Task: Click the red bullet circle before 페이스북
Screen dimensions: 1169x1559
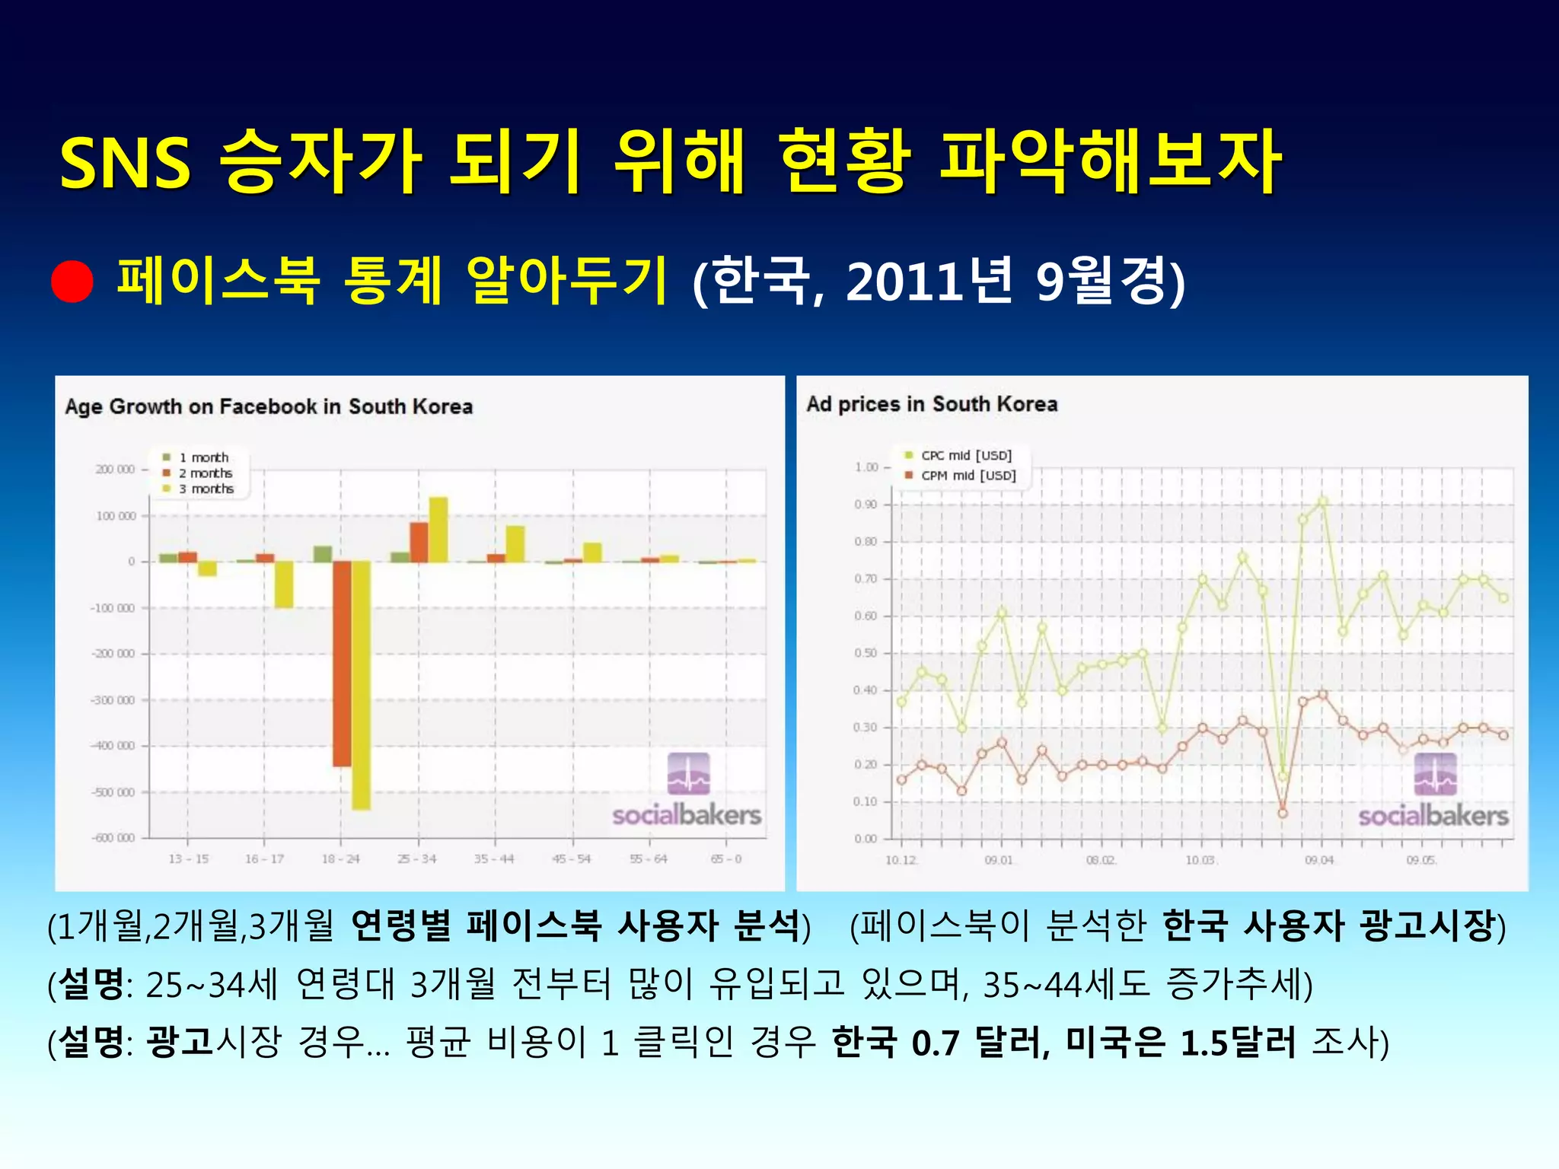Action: pyautogui.click(x=72, y=282)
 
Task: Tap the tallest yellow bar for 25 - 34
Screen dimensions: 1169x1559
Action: pyautogui.click(x=438, y=530)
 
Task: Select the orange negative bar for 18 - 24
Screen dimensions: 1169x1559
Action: pyautogui.click(x=342, y=663)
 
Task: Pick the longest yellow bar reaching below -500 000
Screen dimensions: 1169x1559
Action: pyautogui.click(x=361, y=685)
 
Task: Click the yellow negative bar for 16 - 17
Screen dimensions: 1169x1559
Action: pyautogui.click(x=284, y=584)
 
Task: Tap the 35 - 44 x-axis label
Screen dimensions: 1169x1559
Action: pyautogui.click(x=494, y=859)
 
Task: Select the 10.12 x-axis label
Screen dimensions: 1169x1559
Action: pyautogui.click(x=901, y=861)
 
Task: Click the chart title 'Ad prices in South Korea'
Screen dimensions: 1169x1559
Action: pyautogui.click(x=932, y=404)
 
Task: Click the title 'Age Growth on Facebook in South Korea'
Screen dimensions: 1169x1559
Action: pyautogui.click(x=269, y=406)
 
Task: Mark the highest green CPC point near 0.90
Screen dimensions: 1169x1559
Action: pyautogui.click(x=1323, y=502)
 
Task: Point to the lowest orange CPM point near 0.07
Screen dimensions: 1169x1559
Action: pyautogui.click(x=1283, y=813)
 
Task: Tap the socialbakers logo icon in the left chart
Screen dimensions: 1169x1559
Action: pyautogui.click(x=688, y=773)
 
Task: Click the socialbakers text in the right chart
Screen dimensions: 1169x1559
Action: pyautogui.click(x=1433, y=817)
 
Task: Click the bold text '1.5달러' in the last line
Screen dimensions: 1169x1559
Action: pyautogui.click(x=1238, y=1043)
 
